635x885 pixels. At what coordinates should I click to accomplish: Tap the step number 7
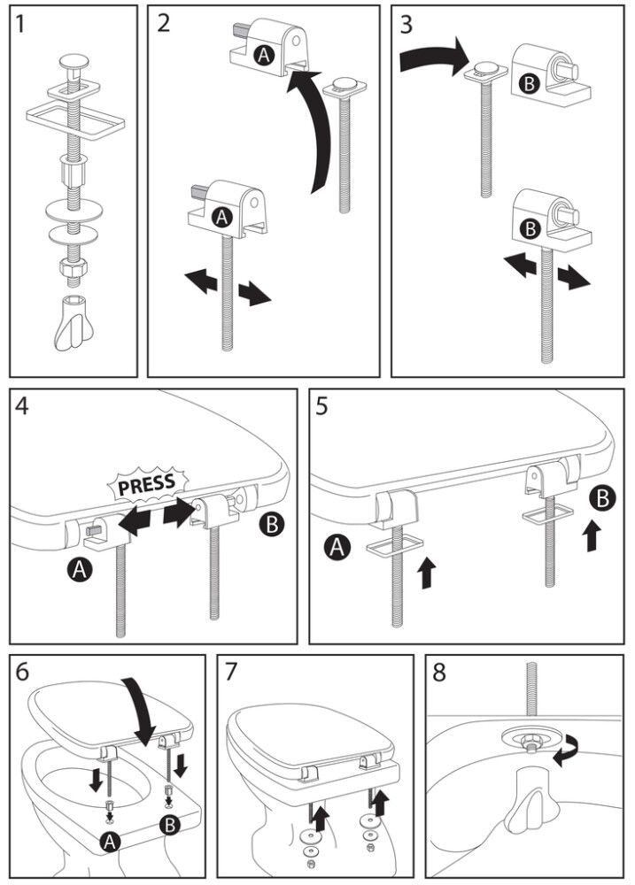click(232, 673)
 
